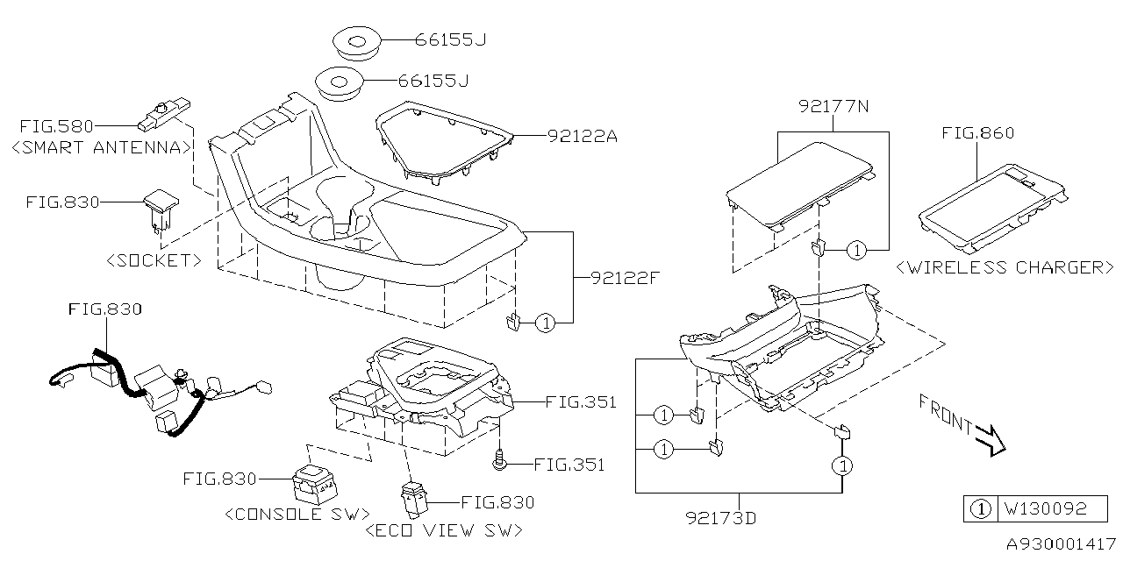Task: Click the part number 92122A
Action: pyautogui.click(x=583, y=136)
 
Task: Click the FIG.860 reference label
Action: pyautogui.click(x=977, y=133)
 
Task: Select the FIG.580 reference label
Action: pyautogui.click(x=58, y=127)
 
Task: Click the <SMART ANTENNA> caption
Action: pyautogui.click(x=102, y=147)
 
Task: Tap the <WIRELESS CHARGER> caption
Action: pyautogui.click(x=1005, y=267)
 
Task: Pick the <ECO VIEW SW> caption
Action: pyautogui.click(x=443, y=530)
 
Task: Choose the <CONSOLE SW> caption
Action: pyautogui.click(x=297, y=514)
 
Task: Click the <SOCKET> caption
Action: pyautogui.click(x=154, y=260)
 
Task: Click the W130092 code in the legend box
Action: pyautogui.click(x=1045, y=508)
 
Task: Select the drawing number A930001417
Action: pyautogui.click(x=1059, y=543)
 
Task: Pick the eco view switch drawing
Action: pyautogui.click(x=412, y=497)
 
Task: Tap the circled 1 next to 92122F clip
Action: pyautogui.click(x=545, y=323)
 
